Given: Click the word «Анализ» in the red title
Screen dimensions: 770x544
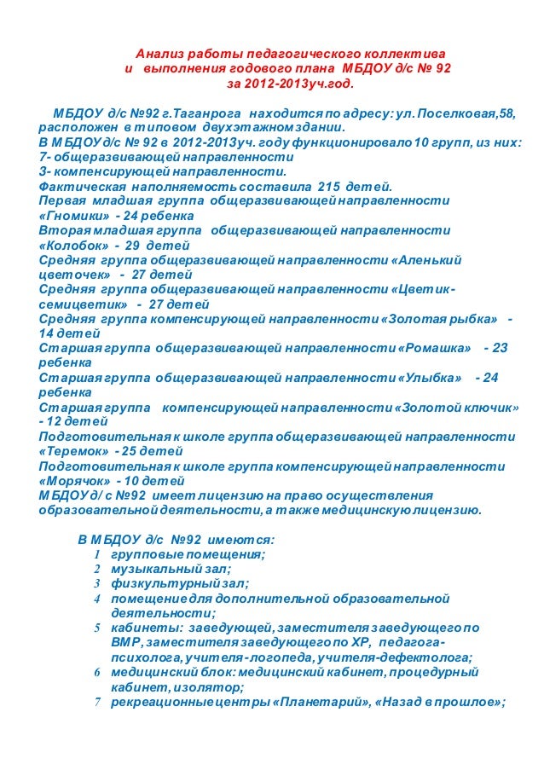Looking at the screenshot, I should point(161,53).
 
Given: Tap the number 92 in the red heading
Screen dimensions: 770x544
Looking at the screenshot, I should point(442,68).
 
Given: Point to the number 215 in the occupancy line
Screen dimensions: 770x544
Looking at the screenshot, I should point(328,186).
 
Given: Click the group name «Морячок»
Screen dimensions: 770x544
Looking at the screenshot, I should point(74,480).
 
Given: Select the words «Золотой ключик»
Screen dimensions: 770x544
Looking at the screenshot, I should point(460,407).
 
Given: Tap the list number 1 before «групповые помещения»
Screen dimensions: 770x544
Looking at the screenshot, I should point(96,554).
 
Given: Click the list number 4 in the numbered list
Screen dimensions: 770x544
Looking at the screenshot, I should point(96,599).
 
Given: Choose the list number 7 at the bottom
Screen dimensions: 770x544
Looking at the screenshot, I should point(96,703).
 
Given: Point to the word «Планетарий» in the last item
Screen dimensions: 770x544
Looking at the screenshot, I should point(320,703).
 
